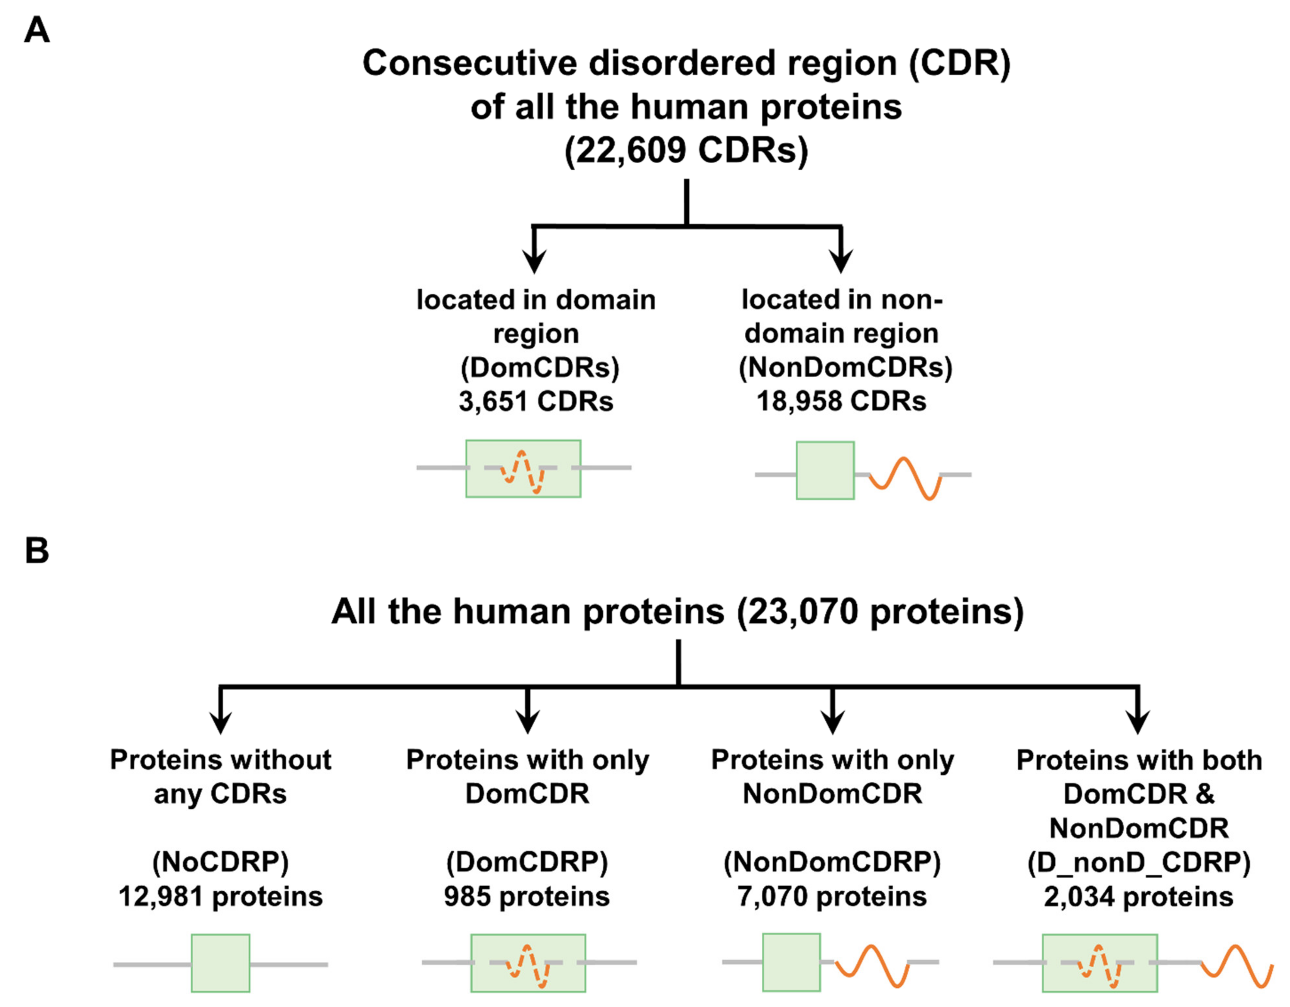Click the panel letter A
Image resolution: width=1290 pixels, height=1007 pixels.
[x=36, y=30]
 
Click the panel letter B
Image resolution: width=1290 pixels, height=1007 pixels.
[x=36, y=551]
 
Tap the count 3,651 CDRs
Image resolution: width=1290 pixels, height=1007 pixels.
[x=536, y=402]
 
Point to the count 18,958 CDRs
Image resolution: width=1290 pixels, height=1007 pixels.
[x=841, y=402]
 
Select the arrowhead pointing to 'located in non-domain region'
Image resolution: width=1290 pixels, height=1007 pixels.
[x=840, y=260]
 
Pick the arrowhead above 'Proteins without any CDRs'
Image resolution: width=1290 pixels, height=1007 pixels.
[x=220, y=722]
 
